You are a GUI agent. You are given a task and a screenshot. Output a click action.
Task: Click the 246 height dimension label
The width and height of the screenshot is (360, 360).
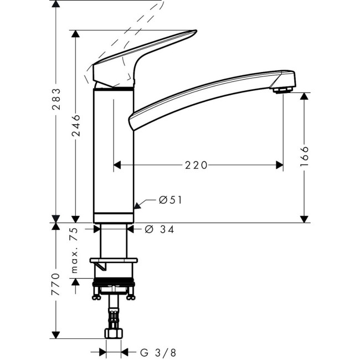click(76, 125)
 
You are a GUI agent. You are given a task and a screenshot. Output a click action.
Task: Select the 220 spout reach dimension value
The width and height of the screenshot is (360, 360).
click(196, 164)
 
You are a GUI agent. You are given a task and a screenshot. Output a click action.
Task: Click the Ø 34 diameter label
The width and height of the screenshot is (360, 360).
click(159, 229)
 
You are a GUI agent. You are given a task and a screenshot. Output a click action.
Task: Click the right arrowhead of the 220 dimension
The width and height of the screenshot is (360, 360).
click(279, 164)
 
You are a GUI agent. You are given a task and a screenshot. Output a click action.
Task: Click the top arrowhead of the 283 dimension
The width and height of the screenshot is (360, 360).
click(56, 4)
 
